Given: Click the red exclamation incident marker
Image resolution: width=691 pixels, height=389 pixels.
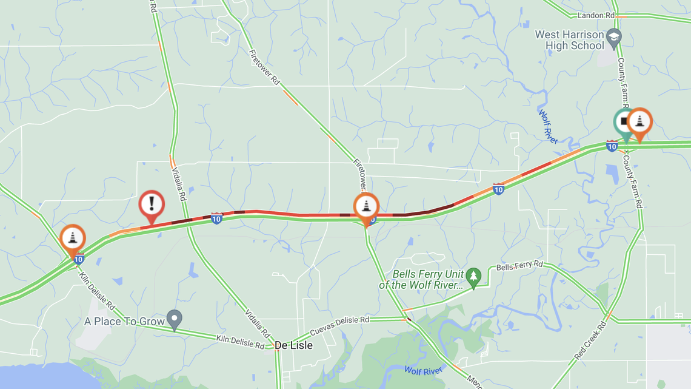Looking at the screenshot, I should click(x=152, y=204).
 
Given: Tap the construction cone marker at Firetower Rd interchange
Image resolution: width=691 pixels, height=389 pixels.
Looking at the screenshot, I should click(x=366, y=206).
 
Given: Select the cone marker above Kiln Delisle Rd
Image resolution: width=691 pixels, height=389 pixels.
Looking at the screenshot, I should click(x=73, y=237).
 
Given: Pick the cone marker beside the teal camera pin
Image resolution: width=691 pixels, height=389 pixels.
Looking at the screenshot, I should click(x=639, y=121).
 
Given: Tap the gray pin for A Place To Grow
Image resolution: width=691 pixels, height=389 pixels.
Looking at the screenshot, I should click(x=175, y=319).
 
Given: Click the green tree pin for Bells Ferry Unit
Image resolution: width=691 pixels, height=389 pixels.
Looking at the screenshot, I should click(x=474, y=276).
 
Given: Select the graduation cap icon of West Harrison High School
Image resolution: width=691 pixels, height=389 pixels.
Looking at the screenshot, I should click(x=613, y=38).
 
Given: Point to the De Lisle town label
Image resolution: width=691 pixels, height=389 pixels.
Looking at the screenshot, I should click(x=294, y=345).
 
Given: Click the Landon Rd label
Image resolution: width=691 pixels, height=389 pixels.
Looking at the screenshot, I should click(x=596, y=15).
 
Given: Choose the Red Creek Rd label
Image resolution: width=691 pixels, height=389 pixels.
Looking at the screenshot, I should click(x=590, y=341).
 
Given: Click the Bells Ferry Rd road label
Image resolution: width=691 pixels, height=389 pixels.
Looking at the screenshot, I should click(x=519, y=266).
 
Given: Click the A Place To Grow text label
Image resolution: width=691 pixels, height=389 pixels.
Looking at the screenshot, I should click(x=124, y=321).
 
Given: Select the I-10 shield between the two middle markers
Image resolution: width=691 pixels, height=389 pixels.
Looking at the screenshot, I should click(x=216, y=218).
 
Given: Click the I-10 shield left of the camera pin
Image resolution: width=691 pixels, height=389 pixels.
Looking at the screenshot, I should click(x=612, y=146).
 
